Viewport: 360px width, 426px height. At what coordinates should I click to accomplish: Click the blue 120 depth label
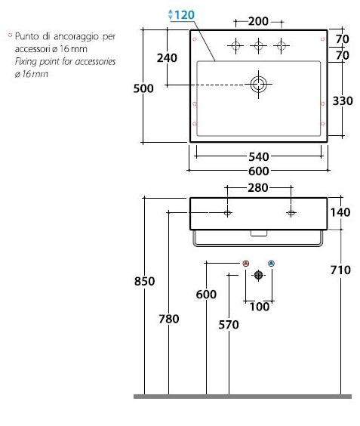(x=184, y=14)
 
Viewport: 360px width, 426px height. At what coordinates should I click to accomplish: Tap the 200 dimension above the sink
(x=258, y=21)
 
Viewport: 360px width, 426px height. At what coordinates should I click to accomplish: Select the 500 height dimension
(x=143, y=88)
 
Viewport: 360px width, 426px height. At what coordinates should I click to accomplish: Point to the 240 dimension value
(x=167, y=57)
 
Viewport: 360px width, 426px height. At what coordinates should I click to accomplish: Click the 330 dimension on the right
(x=343, y=100)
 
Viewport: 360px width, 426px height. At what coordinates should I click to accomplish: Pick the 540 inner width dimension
(x=259, y=156)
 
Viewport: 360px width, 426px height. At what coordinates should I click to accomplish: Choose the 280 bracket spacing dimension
(x=258, y=188)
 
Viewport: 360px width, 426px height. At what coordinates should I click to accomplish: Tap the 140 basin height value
(x=340, y=212)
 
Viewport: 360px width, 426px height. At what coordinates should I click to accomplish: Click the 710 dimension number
(x=340, y=270)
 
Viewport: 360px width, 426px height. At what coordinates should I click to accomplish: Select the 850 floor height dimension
(x=144, y=281)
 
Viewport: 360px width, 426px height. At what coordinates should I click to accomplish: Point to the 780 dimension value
(x=169, y=319)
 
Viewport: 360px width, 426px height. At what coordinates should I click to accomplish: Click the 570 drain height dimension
(x=229, y=324)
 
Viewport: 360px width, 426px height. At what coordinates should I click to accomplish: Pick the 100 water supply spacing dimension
(x=260, y=307)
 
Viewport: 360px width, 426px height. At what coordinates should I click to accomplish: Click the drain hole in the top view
(x=258, y=84)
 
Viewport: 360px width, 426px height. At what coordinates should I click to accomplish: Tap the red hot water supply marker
(x=246, y=264)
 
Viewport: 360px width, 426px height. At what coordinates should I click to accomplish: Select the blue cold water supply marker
(x=271, y=264)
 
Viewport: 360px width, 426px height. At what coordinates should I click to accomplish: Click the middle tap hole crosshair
(x=258, y=45)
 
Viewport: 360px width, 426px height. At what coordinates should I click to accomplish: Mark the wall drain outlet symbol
(x=258, y=275)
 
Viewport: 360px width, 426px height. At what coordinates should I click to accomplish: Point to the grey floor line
(x=242, y=397)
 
